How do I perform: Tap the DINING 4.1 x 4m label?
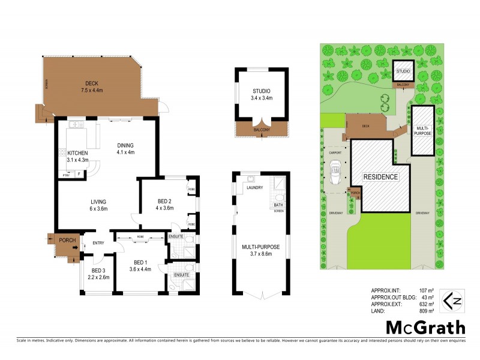tap(125, 148)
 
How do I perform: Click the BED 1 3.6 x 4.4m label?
tap(139, 266)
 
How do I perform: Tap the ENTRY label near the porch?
tap(98, 243)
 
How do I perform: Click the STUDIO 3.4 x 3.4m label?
tap(262, 94)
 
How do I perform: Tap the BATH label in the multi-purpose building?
tap(278, 205)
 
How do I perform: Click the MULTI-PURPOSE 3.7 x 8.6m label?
tap(260, 250)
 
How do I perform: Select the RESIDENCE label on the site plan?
tap(380, 177)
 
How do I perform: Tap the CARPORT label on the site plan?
tap(335, 153)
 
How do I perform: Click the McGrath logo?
tap(425, 327)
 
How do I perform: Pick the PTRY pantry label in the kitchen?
tap(65, 175)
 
